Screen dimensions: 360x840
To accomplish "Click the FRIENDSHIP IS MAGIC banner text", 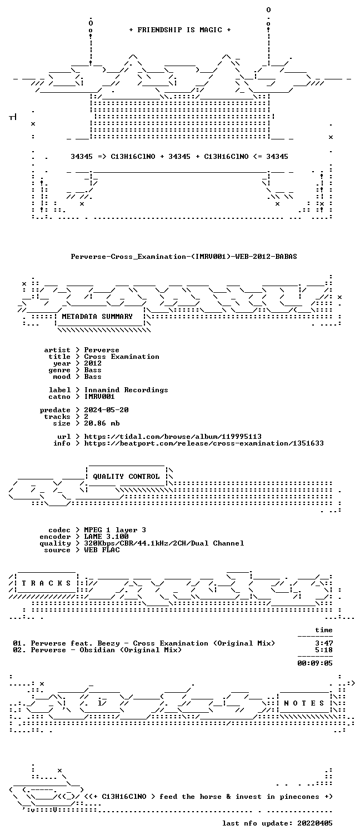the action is tap(180, 30).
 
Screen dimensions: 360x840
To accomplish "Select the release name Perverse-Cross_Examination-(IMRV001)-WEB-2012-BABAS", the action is tap(184, 257).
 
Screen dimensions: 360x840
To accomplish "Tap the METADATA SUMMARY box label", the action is tap(97, 317).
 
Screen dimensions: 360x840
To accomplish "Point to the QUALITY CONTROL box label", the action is tap(126, 477).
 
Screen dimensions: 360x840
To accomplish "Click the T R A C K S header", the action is tap(46, 583).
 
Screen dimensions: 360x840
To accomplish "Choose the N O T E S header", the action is tap(304, 703).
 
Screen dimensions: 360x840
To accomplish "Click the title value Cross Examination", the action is tap(122, 357).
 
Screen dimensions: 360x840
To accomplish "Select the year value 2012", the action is tap(93, 363).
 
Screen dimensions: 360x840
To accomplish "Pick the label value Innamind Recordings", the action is tap(126, 390).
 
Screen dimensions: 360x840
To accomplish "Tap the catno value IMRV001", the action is tap(99, 397).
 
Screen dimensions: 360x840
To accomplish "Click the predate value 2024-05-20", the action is tap(106, 410).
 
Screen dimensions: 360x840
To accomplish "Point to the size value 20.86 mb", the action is tap(102, 423).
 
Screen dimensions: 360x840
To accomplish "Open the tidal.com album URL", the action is tap(173, 437).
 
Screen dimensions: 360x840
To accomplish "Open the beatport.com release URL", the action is tap(204, 443).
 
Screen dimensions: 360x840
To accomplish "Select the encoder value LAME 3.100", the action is tap(106, 537).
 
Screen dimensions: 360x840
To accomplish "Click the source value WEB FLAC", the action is tap(102, 550).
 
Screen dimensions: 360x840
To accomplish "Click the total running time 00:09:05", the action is tap(315, 663).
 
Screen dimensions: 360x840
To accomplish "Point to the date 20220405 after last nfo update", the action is tap(315, 823).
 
